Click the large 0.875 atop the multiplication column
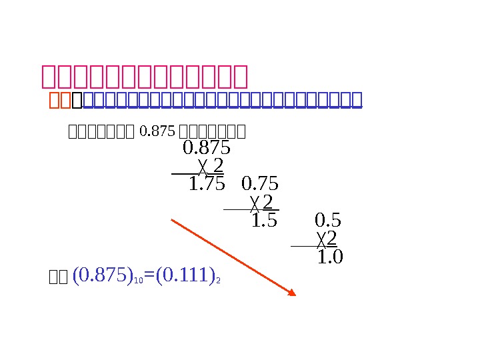(207, 147)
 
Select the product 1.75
(207, 184)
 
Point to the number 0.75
(260, 183)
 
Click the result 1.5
(264, 220)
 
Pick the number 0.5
(328, 220)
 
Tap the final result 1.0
(330, 257)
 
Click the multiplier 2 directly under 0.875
(218, 165)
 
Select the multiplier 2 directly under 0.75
(267, 201)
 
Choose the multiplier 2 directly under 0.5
(331, 238)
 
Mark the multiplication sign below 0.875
(203, 165)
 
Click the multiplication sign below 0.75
(254, 202)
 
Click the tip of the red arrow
(295, 294)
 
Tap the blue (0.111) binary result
(183, 275)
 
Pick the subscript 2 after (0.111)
(218, 281)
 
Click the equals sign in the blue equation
(149, 275)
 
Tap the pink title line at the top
(144, 77)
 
